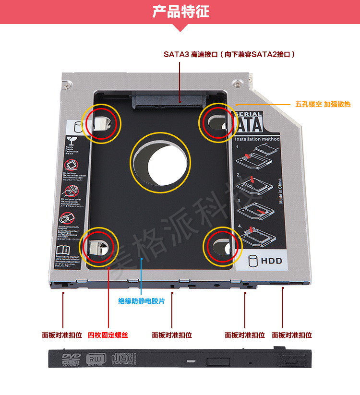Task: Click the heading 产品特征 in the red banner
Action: tap(180, 11)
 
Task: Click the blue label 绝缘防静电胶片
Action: tap(142, 301)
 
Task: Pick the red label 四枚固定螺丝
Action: tap(108, 335)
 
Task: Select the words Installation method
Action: tap(257, 139)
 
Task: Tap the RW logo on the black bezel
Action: tap(94, 359)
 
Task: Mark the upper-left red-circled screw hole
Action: tap(101, 123)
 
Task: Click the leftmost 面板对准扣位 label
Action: tap(62, 335)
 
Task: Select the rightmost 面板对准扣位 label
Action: tap(292, 335)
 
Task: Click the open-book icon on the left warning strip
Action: tap(63, 250)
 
